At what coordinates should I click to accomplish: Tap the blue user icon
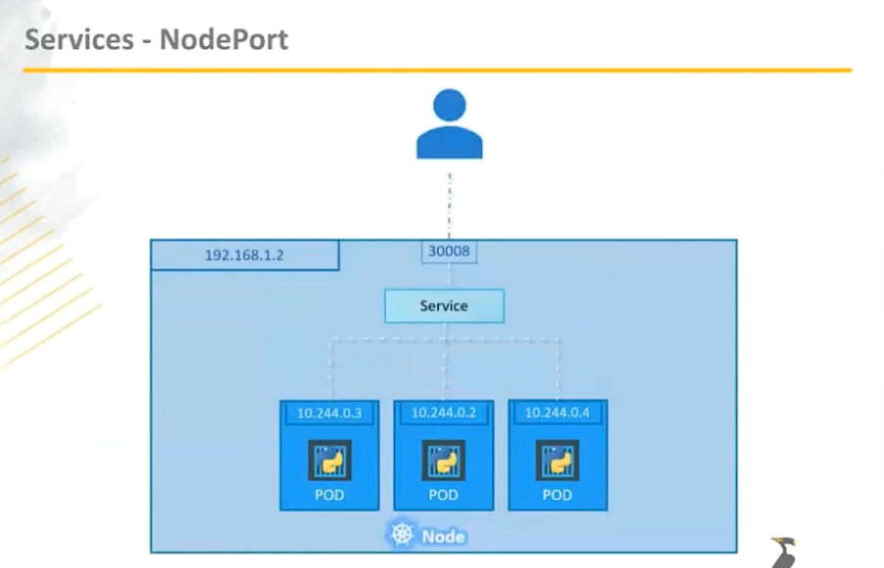tap(450, 124)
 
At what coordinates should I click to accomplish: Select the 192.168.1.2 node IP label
tap(244, 256)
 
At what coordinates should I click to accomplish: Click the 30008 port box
tap(449, 252)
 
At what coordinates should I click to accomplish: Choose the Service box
tap(444, 306)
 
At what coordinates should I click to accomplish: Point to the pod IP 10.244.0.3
tap(329, 413)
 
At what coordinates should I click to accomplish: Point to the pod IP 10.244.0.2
tap(443, 413)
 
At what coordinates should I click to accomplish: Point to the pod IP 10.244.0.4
tap(557, 413)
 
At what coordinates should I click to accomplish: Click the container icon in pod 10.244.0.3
tap(329, 459)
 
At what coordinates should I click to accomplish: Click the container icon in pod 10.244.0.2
tap(443, 459)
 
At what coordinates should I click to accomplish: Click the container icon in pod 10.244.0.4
tap(557, 459)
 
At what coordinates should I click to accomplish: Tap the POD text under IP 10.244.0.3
tap(329, 495)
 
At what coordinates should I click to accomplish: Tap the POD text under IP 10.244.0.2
tap(443, 495)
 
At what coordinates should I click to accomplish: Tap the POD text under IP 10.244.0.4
tap(557, 495)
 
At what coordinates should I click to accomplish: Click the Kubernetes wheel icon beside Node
tap(402, 535)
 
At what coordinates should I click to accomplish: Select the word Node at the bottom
tap(443, 536)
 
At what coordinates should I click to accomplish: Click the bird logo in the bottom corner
tap(784, 552)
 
